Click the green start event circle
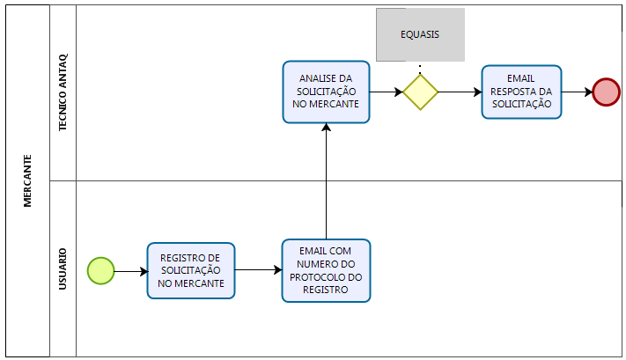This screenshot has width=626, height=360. click(101, 271)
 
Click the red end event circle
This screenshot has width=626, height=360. click(606, 92)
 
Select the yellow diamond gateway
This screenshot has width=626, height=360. click(420, 92)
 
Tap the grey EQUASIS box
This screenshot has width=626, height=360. click(420, 35)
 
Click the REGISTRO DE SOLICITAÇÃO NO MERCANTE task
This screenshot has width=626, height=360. click(191, 271)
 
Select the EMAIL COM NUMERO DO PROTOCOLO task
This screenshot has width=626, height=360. click(327, 271)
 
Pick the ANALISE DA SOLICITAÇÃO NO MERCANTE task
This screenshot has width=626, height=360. click(327, 92)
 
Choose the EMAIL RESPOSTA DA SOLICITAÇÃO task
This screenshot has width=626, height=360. click(521, 92)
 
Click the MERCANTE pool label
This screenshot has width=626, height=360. click(27, 180)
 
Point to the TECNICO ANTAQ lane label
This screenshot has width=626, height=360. click(63, 92)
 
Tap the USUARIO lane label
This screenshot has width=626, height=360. click(63, 270)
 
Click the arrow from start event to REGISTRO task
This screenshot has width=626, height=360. click(130, 271)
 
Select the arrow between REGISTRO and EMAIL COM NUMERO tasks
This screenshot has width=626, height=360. click(259, 271)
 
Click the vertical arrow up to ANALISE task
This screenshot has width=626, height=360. click(327, 180)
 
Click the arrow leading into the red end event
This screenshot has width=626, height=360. click(577, 92)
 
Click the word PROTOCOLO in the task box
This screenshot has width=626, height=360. click(327, 276)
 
